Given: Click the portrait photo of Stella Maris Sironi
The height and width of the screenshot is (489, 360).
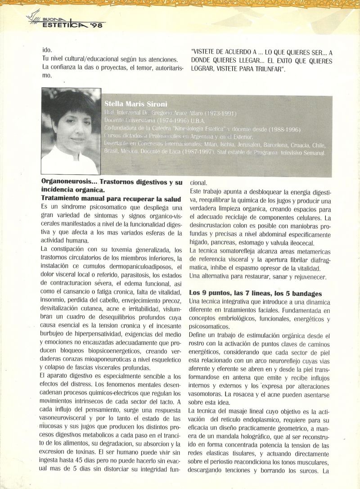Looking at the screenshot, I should (x=71, y=131).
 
